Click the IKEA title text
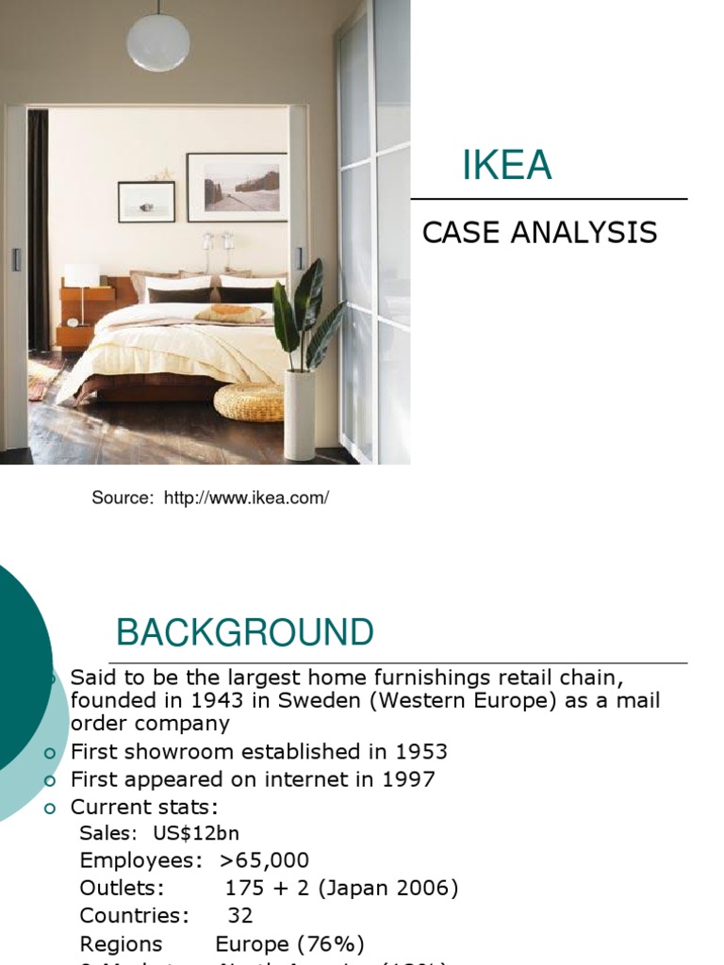coord(506,167)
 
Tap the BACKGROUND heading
coord(244,633)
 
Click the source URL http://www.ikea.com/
coord(246,498)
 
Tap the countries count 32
coord(240,915)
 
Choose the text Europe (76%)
coord(289,943)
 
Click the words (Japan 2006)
coord(387,888)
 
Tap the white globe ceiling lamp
coord(158,41)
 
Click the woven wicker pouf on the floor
coord(249,401)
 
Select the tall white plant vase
coord(300,415)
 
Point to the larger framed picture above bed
coord(237,187)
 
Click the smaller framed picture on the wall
coord(146,201)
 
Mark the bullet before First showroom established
coord(51,752)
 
